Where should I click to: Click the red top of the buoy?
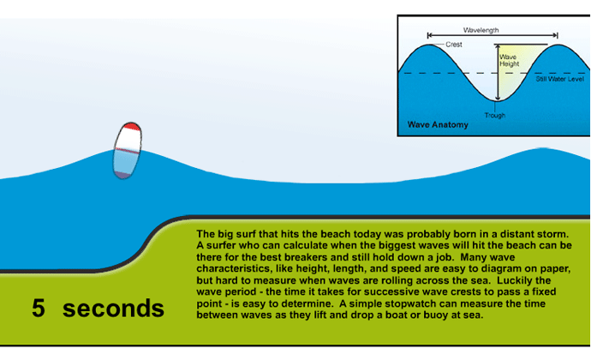click(x=132, y=126)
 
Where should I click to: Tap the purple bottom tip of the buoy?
click(x=122, y=175)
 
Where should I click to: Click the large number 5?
click(x=39, y=308)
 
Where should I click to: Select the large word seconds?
click(x=113, y=309)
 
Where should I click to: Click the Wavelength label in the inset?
click(x=481, y=30)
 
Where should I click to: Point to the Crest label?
click(x=454, y=45)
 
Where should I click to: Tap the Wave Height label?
click(x=510, y=60)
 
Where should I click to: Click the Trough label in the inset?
click(x=495, y=116)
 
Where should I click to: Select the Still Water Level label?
click(x=559, y=79)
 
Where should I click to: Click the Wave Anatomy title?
click(x=438, y=124)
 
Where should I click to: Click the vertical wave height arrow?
click(x=498, y=73)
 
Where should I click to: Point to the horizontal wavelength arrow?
click(x=493, y=35)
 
